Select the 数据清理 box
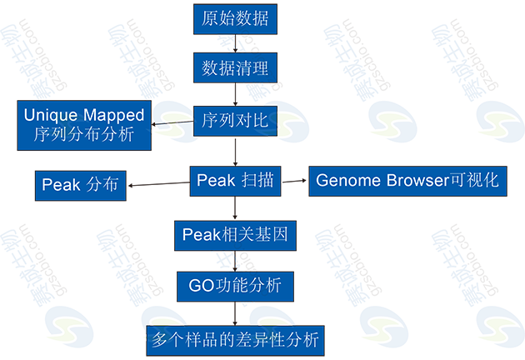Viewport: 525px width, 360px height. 236,66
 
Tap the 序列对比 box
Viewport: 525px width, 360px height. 235,121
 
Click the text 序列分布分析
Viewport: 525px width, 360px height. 83,133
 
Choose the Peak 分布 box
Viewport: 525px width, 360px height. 82,185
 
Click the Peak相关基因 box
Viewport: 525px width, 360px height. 235,235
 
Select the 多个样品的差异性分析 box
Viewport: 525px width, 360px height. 235,340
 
